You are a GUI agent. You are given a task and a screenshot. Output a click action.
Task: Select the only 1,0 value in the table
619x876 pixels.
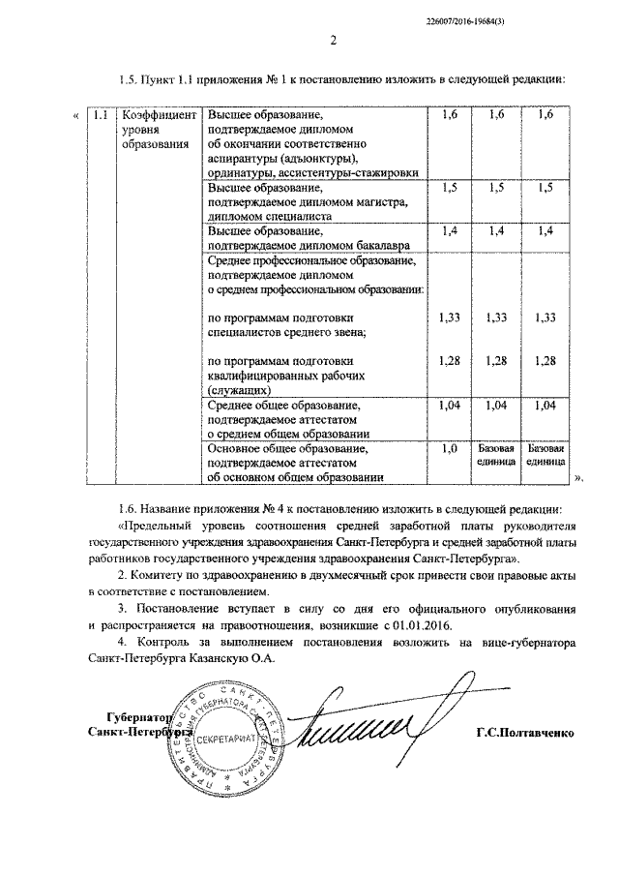[449, 449]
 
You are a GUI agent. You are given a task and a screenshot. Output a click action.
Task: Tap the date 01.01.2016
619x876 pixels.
[417, 626]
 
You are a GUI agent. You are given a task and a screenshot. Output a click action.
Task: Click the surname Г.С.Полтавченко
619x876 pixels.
[526, 733]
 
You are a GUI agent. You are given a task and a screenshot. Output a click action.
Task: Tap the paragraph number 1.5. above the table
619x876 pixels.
[126, 79]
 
